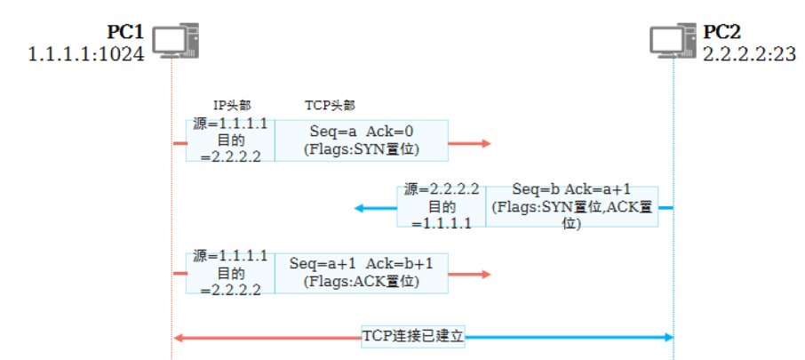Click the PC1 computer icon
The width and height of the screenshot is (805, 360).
(175, 41)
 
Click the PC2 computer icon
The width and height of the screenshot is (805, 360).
(673, 41)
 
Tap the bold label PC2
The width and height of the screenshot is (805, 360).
(722, 33)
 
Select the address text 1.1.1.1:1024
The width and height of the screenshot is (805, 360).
(86, 54)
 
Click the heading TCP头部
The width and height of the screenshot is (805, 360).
(330, 105)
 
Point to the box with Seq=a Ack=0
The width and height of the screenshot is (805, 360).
(360, 140)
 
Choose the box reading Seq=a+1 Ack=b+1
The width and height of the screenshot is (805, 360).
(360, 272)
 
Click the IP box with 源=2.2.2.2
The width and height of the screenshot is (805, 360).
(442, 206)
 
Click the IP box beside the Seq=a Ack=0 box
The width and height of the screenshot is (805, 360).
(230, 140)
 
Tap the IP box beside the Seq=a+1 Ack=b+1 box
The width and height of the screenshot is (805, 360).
(230, 272)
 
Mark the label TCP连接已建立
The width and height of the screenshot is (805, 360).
(413, 337)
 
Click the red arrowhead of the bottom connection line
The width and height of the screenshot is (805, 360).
(179, 338)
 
